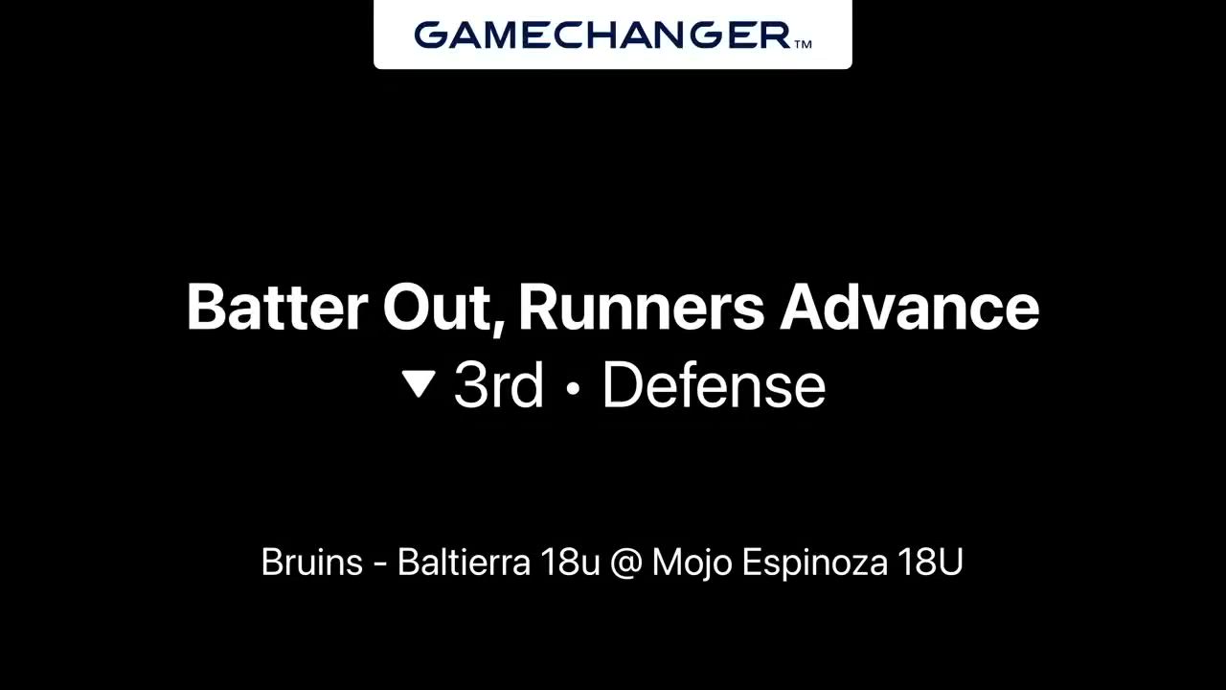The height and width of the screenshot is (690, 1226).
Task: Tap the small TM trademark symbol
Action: click(x=803, y=45)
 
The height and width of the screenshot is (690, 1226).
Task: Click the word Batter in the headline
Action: click(x=277, y=307)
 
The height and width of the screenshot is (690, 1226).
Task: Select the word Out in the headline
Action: click(x=435, y=307)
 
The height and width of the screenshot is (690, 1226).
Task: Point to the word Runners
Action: click(x=641, y=307)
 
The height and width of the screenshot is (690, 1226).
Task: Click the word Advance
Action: click(x=909, y=307)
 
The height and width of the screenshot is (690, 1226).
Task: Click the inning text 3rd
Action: click(x=499, y=385)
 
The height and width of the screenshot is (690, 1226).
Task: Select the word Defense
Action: click(x=714, y=385)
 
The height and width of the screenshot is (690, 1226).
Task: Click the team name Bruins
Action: click(x=312, y=562)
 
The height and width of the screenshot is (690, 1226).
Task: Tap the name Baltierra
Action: click(x=464, y=562)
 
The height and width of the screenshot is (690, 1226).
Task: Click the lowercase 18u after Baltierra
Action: click(x=570, y=563)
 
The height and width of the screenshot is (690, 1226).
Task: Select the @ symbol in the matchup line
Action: click(x=625, y=563)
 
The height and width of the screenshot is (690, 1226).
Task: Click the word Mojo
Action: click(x=692, y=563)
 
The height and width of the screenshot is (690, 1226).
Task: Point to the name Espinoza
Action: click(x=814, y=563)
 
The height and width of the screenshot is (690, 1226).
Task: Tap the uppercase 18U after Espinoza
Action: click(x=930, y=563)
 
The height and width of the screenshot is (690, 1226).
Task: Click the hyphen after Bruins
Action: click(x=380, y=565)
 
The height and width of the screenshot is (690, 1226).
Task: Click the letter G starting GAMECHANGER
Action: click(x=431, y=35)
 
